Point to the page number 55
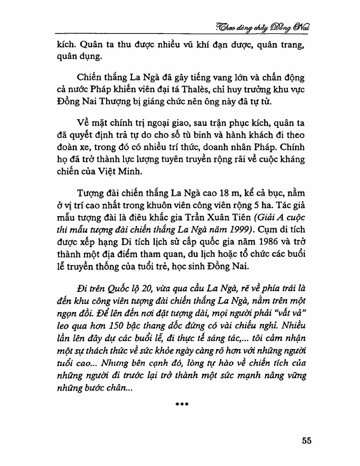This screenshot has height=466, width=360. pyautogui.click(x=307, y=441)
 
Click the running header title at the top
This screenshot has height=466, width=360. pyautogui.click(x=263, y=27)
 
